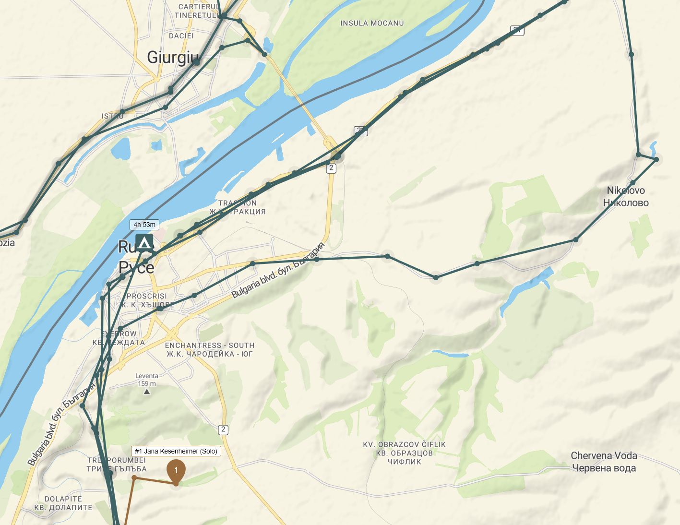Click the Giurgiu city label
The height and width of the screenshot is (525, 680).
[x=172, y=57]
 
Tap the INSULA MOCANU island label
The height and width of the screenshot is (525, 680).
[x=372, y=23]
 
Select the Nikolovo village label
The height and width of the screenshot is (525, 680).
[x=626, y=196]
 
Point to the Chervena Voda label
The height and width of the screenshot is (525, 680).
[x=604, y=462]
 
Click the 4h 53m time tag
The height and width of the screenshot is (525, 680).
[x=144, y=225]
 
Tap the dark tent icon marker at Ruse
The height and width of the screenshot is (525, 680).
[x=144, y=242]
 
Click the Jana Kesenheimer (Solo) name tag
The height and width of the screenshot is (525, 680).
[x=176, y=451]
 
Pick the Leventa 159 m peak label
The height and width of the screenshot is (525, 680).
[x=146, y=380]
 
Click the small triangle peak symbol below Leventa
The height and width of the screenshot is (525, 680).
[x=147, y=392]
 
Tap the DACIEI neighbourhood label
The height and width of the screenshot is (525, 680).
[x=181, y=36]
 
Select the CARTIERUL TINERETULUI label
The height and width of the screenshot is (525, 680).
[x=198, y=11]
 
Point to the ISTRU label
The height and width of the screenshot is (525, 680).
[x=113, y=117]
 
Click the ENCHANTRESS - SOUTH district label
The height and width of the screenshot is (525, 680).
[x=209, y=350]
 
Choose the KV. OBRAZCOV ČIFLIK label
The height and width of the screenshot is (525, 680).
[x=405, y=453]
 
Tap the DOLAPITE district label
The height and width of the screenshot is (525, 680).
[x=63, y=503]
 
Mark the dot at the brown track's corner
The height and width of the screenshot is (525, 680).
[x=134, y=477]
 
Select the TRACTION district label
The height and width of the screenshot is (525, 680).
[x=238, y=207]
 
